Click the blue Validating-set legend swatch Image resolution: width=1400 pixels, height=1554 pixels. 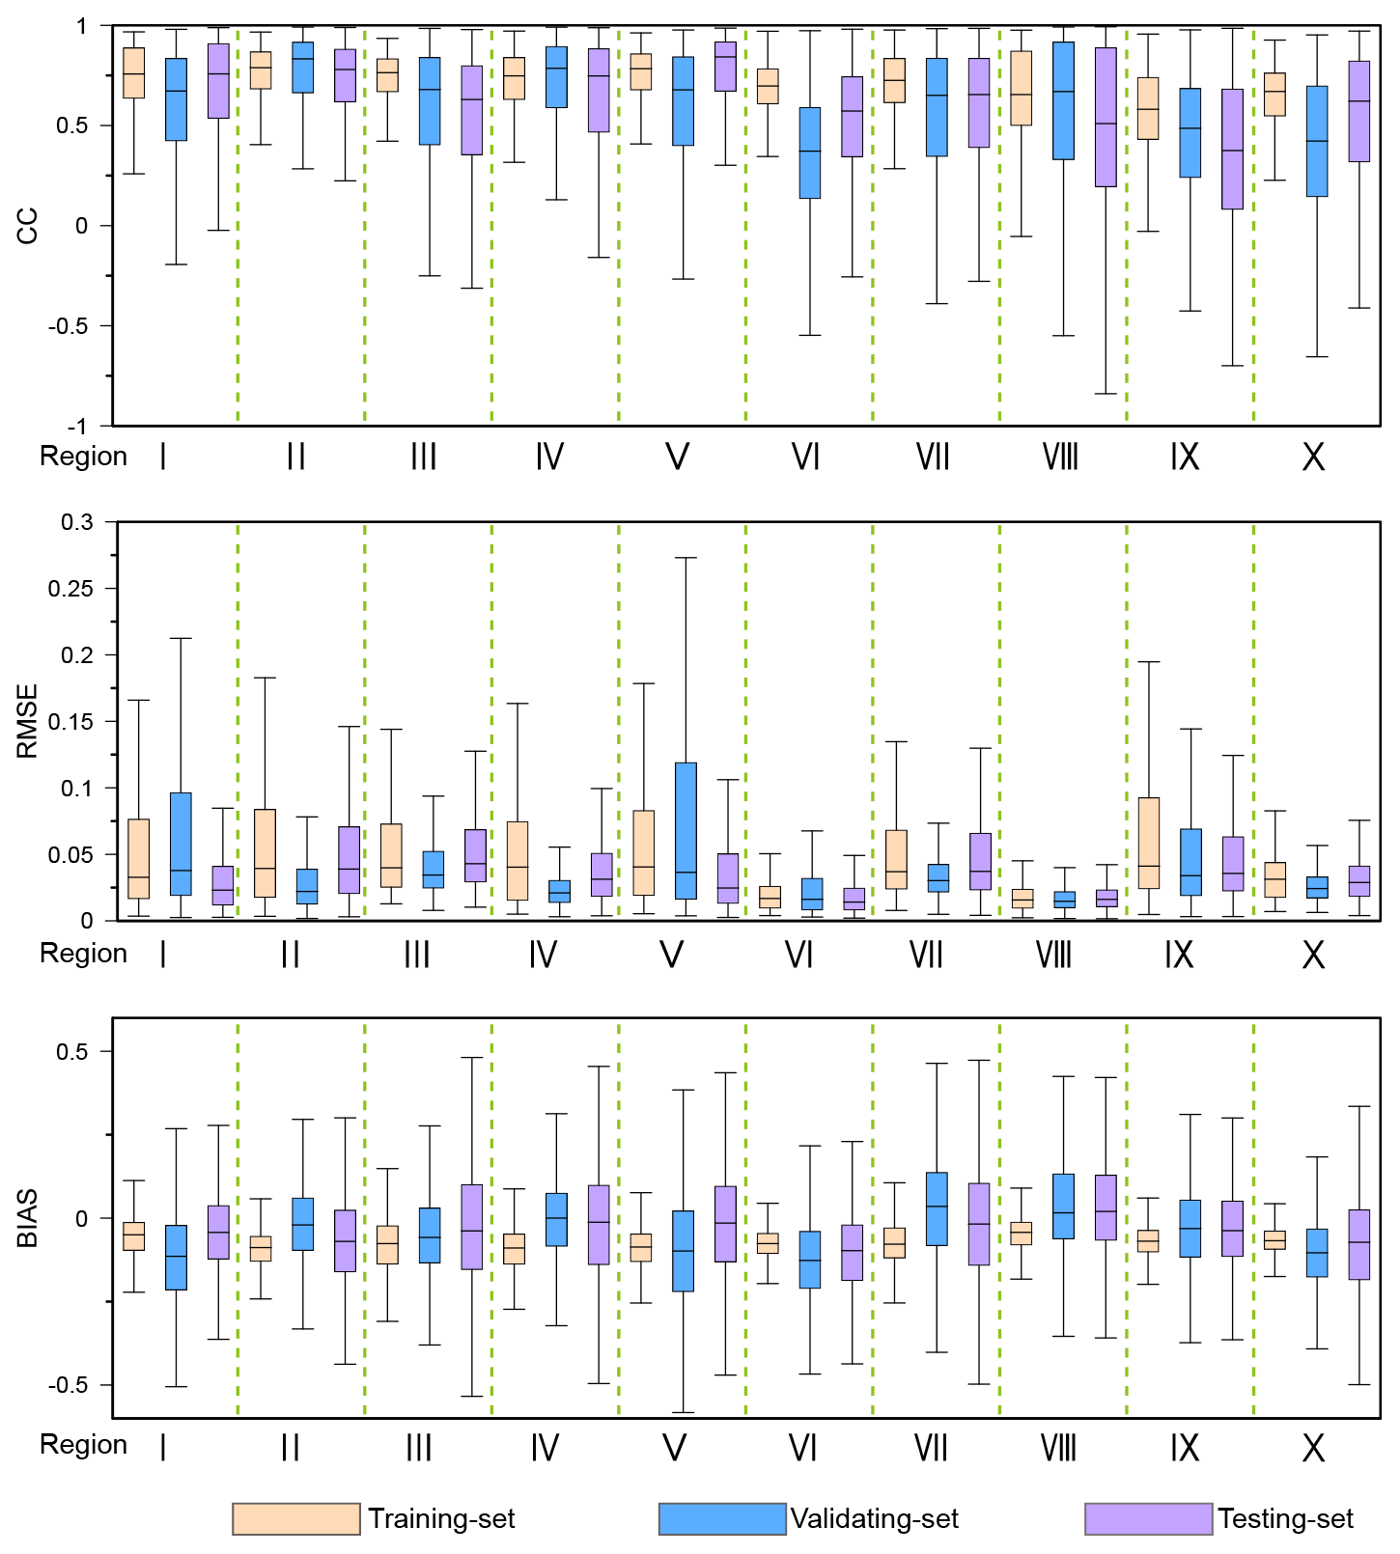[x=722, y=1518]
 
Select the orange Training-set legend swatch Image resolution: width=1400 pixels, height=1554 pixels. [x=295, y=1518]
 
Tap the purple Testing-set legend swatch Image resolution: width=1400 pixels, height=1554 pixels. [x=1148, y=1518]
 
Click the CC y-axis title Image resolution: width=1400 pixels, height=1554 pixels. [x=27, y=226]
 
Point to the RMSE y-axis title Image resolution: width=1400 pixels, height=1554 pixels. [x=27, y=721]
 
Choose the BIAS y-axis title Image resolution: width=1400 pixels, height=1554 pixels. [x=27, y=1218]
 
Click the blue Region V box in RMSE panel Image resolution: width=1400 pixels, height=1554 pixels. [x=686, y=831]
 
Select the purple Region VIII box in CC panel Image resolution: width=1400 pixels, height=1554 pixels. [x=1106, y=117]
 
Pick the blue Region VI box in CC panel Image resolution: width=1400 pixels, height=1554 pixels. [x=810, y=153]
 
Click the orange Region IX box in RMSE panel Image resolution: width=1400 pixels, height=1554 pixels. [x=1148, y=843]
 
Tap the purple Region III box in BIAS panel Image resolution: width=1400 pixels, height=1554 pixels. [x=471, y=1226]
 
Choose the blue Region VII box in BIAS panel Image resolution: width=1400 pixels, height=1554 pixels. [x=937, y=1208]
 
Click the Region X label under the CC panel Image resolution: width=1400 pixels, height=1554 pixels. [x=1313, y=457]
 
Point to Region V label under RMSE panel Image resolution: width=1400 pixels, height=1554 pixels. [x=671, y=955]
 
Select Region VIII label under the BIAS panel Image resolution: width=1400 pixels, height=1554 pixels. [x=1058, y=1448]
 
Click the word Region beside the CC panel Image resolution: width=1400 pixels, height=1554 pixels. [x=83, y=457]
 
